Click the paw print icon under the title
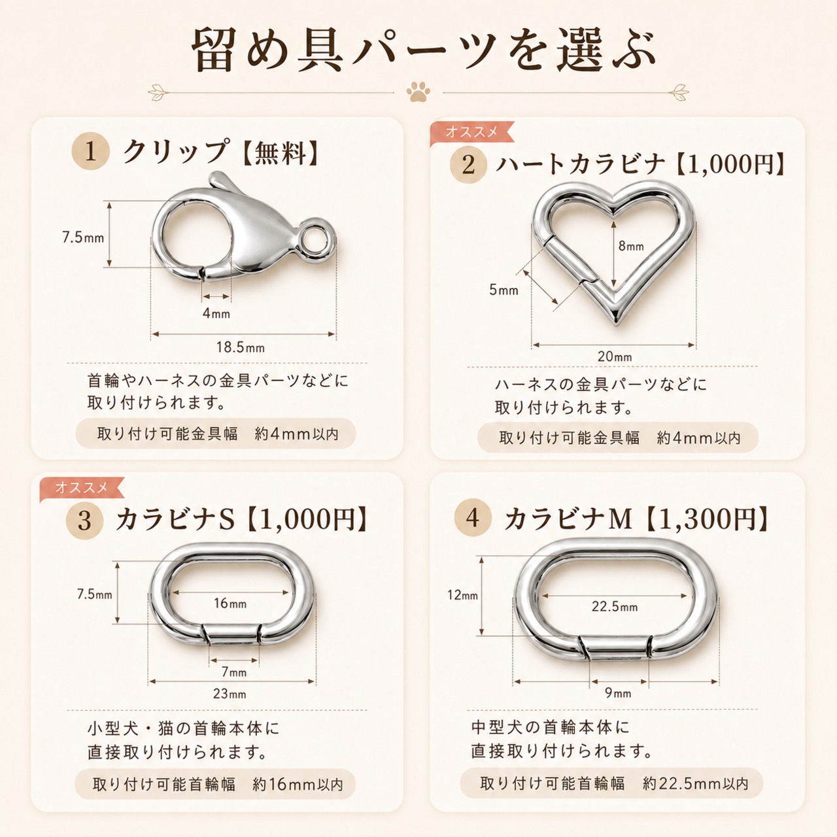coord(418,92)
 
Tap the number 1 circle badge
coord(90,152)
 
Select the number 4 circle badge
coord(473,517)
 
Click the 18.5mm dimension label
coord(241,347)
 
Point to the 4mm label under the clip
coord(216,313)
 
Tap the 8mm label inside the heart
coord(631,247)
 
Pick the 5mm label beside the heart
coord(504,289)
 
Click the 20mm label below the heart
coord(615,356)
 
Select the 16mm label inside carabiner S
coord(230,603)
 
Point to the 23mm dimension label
coord(230,694)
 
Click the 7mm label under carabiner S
coord(234,672)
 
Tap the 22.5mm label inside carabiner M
coord(615,606)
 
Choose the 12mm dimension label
coord(462,594)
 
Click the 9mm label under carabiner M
coord(618,692)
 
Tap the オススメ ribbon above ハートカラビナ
coord(471,131)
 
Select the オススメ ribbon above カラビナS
coord(82,487)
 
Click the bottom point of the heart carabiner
coord(617,324)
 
